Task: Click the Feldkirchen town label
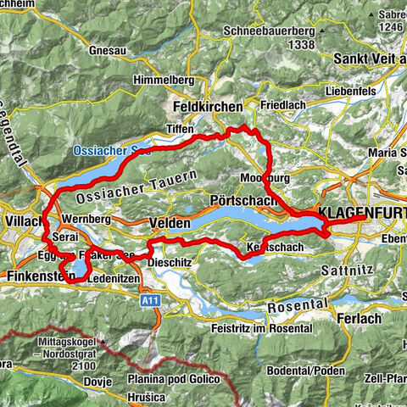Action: tap(207, 108)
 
